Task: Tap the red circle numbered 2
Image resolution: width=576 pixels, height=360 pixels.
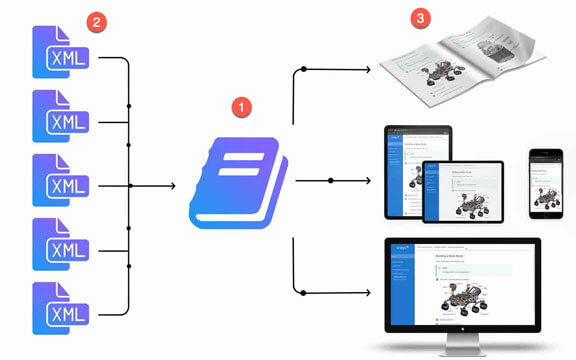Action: pyautogui.click(x=96, y=22)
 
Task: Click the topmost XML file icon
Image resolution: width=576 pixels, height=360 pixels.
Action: pyautogui.click(x=60, y=53)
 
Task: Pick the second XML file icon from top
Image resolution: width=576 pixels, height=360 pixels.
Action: pyautogui.click(x=60, y=117)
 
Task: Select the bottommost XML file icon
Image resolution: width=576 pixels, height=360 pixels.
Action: pyautogui.click(x=60, y=309)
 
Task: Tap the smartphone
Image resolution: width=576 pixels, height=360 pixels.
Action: pyautogui.click(x=545, y=185)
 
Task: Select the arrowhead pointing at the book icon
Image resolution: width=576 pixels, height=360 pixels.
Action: pyautogui.click(x=172, y=185)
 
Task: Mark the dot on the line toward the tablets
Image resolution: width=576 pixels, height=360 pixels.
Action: pyautogui.click(x=330, y=181)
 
